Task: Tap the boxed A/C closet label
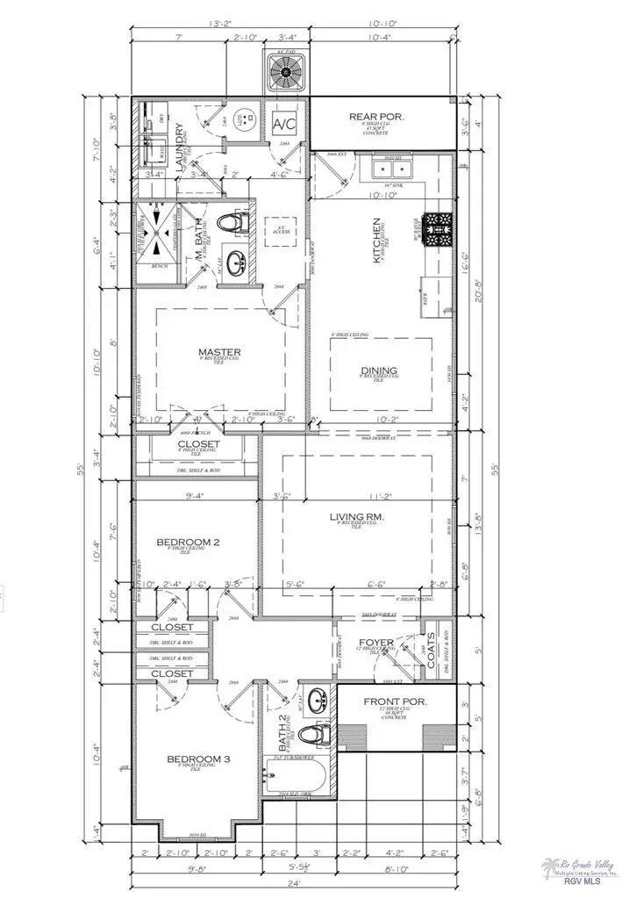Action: coord(286,122)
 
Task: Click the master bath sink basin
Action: coord(235,262)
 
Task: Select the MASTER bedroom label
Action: coord(219,353)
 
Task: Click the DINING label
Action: coord(378,370)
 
